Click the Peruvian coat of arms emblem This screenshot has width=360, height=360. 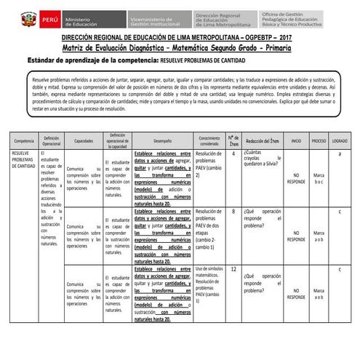(28, 18)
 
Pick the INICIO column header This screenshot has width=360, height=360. (296, 140)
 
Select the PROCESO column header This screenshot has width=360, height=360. (319, 140)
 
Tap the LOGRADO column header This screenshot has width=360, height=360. (340, 140)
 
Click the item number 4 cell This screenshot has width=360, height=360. (233, 153)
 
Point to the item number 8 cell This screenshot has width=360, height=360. (233, 212)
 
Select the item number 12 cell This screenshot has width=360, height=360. (233, 269)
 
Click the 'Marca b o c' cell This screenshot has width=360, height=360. (319, 178)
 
